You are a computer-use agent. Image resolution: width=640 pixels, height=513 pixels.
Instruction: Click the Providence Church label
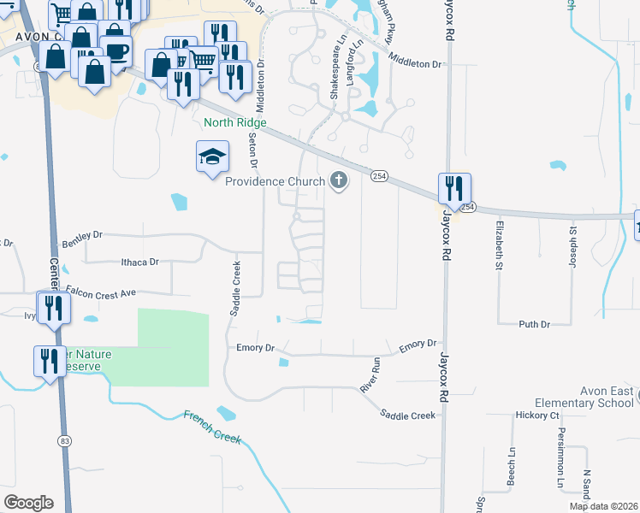tap(275, 181)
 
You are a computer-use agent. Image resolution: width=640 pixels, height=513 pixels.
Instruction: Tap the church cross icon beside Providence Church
tap(339, 180)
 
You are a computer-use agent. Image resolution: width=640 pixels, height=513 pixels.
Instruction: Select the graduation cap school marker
tap(212, 157)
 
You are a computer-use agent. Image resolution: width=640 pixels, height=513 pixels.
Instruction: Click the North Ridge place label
tap(235, 123)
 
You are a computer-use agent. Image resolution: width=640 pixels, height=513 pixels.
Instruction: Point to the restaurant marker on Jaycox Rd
tap(454, 189)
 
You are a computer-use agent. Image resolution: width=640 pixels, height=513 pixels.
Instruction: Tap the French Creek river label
tap(212, 427)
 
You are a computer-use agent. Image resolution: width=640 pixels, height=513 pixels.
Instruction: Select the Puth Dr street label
tap(533, 324)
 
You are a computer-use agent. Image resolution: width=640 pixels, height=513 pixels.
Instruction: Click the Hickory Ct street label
tap(536, 416)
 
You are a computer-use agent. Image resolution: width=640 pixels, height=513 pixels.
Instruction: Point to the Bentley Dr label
tap(83, 234)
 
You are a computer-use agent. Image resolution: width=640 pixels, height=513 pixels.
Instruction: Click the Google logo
tap(28, 503)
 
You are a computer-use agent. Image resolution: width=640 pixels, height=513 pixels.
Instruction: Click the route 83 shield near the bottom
tap(65, 439)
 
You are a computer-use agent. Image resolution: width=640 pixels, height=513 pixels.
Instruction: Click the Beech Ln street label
tap(512, 464)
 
